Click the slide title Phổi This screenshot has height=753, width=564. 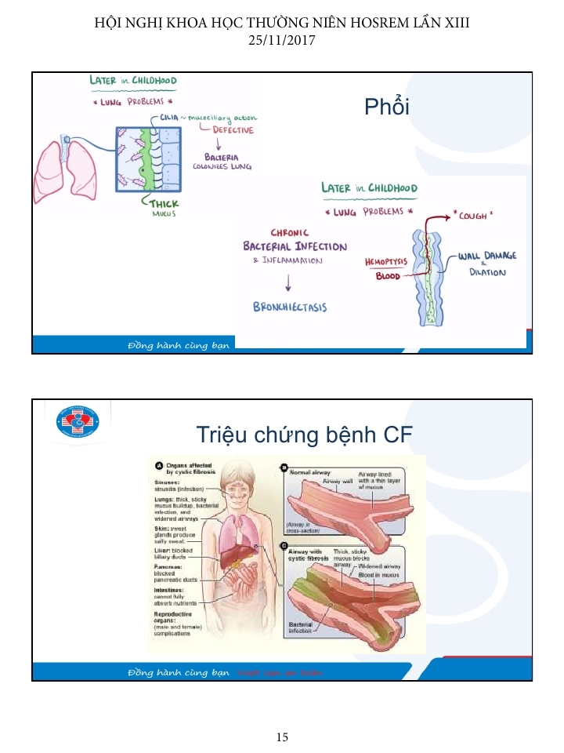[x=387, y=107]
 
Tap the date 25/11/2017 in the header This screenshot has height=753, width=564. [x=281, y=39]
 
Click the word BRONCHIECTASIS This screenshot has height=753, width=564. [x=290, y=307]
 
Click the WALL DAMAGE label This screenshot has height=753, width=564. [x=487, y=256]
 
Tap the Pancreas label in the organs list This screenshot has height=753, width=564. [x=169, y=565]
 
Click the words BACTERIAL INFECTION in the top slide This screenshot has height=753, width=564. [x=295, y=246]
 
